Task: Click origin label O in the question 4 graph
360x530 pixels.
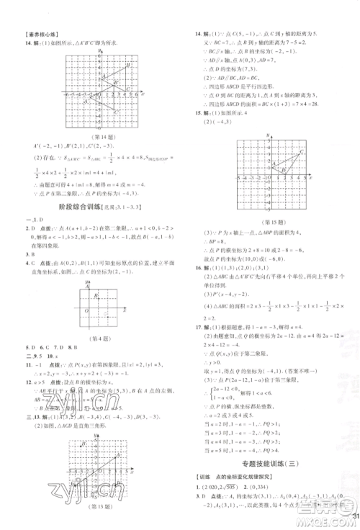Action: pos(86,310)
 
